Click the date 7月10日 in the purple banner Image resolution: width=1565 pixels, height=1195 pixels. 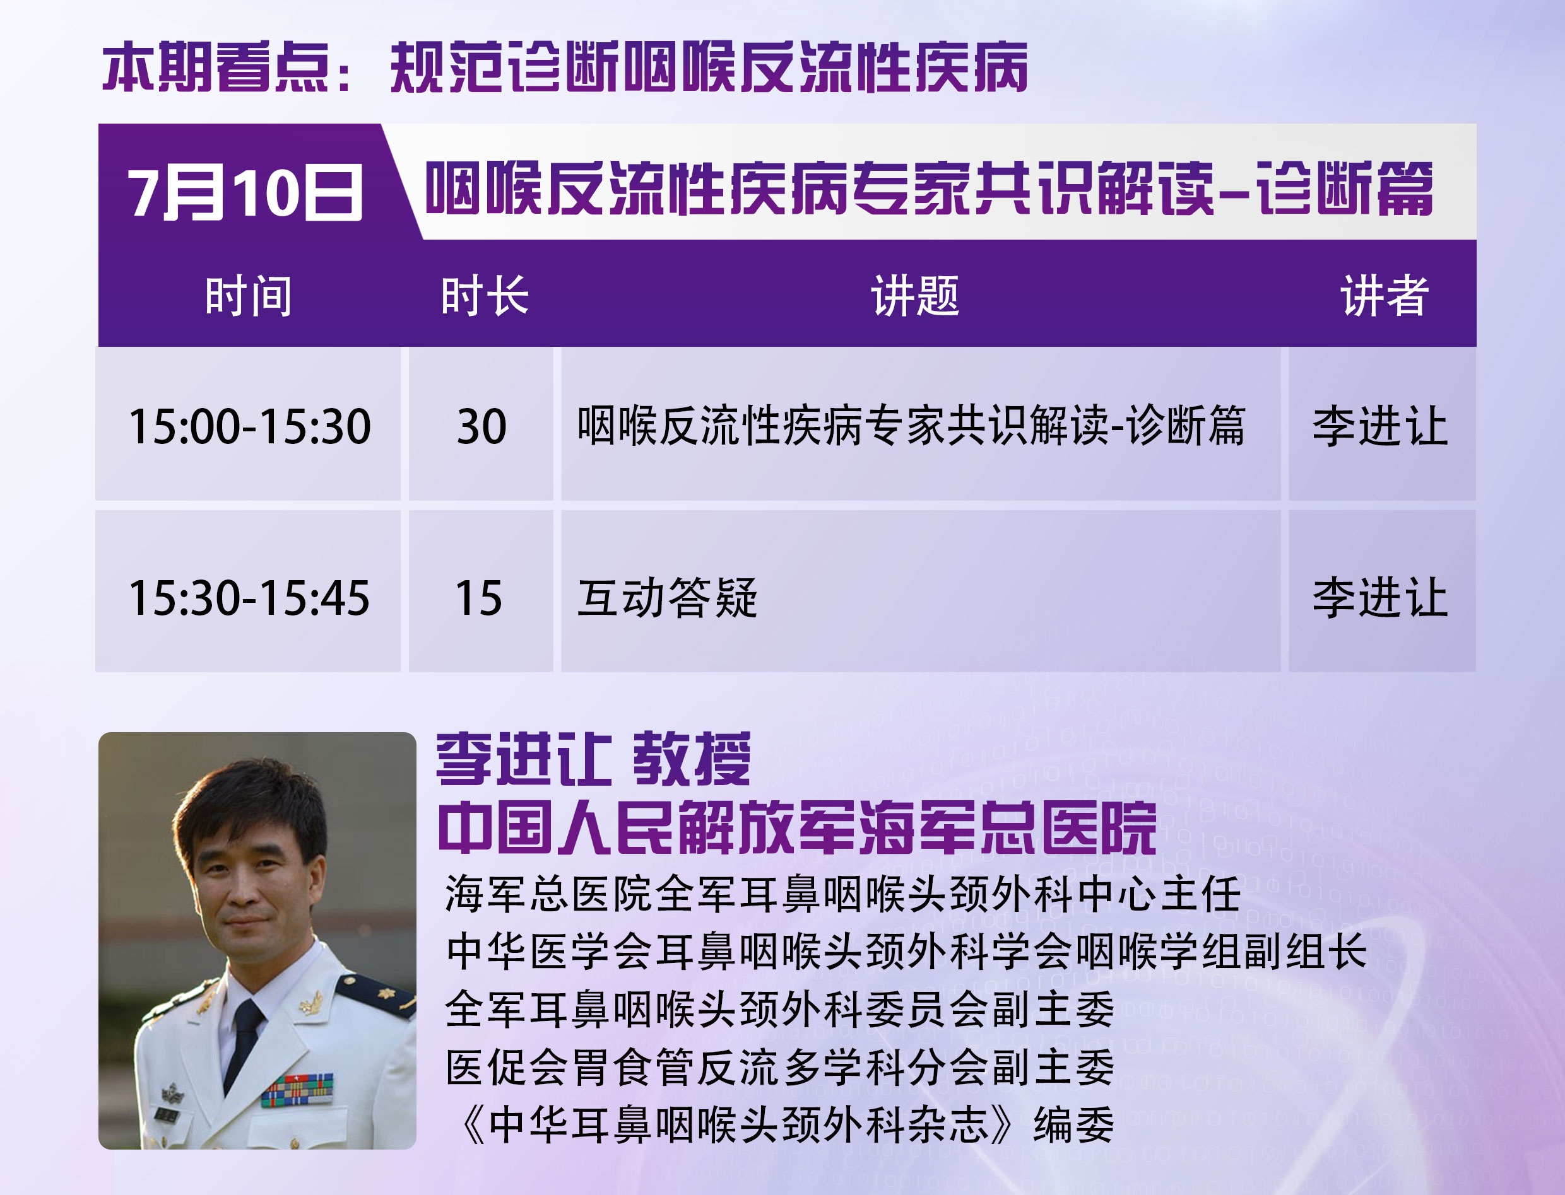[x=245, y=192]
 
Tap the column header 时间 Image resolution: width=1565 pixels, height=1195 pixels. [x=249, y=296]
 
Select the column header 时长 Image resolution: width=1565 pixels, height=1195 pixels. [x=485, y=296]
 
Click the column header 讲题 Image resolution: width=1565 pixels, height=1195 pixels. [x=916, y=296]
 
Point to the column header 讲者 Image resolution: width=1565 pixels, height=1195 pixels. [x=1385, y=296]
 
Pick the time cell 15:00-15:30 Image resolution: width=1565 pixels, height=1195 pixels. [x=249, y=427]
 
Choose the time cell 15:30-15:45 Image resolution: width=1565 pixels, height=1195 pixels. [x=249, y=598]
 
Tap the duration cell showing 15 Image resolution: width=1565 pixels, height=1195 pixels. [x=479, y=598]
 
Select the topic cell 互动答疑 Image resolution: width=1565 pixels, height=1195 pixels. [x=668, y=598]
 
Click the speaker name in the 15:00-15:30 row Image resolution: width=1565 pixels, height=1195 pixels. [x=1381, y=426]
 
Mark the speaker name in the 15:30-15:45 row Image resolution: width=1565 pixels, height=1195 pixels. [x=1381, y=598]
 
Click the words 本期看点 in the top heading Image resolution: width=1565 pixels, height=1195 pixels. [x=215, y=67]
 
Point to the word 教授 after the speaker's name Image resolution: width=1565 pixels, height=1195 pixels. [x=692, y=759]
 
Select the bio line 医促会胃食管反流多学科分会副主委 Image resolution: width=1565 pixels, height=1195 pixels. [x=780, y=1067]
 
